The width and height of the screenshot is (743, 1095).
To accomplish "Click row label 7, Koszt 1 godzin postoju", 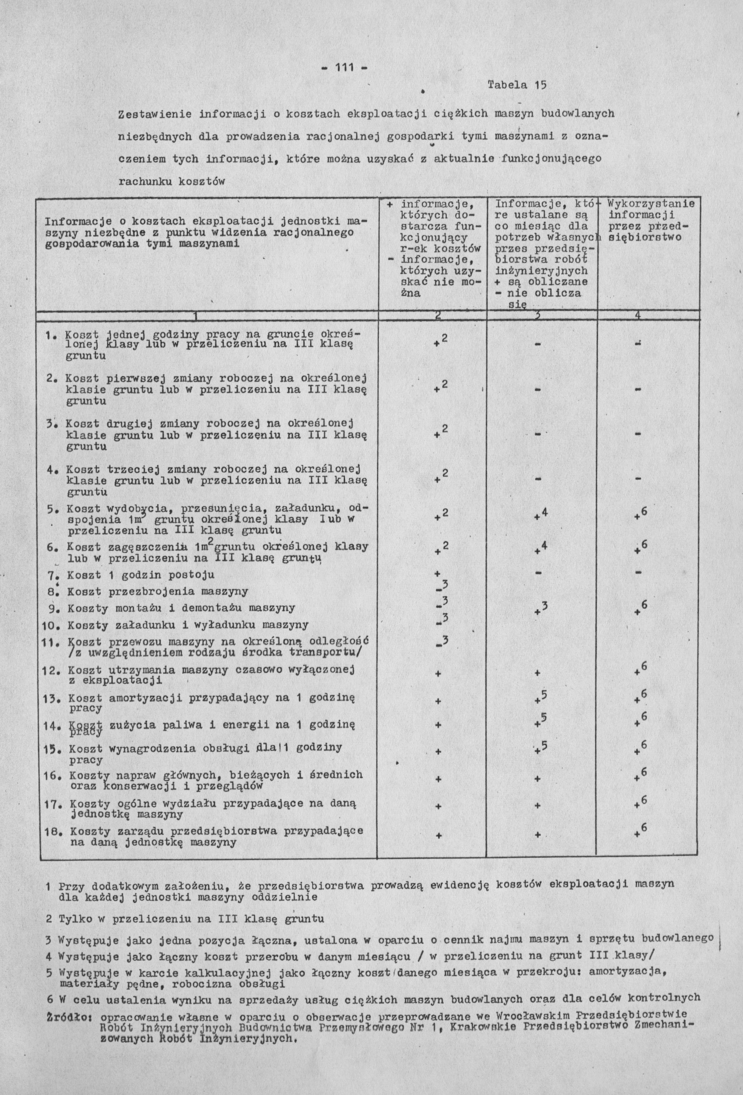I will pyautogui.click(x=140, y=575).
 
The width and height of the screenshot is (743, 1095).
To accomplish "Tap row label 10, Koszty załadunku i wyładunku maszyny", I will pyautogui.click(x=188, y=625).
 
